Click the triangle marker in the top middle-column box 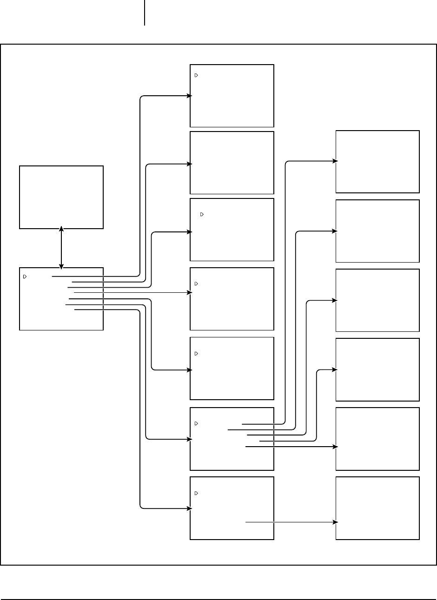tap(196, 75)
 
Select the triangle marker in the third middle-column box tap(202, 214)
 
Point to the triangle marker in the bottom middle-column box tap(196, 493)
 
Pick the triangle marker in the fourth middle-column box tap(196, 284)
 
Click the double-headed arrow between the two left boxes tap(61, 248)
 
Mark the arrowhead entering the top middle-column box tap(189, 96)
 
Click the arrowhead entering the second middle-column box tap(189, 164)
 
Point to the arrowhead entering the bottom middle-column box tap(189, 508)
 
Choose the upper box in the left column tap(61, 197)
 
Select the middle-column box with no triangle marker tap(232, 163)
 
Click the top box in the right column tap(377, 162)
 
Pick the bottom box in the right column tap(377, 508)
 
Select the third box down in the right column tap(377, 300)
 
